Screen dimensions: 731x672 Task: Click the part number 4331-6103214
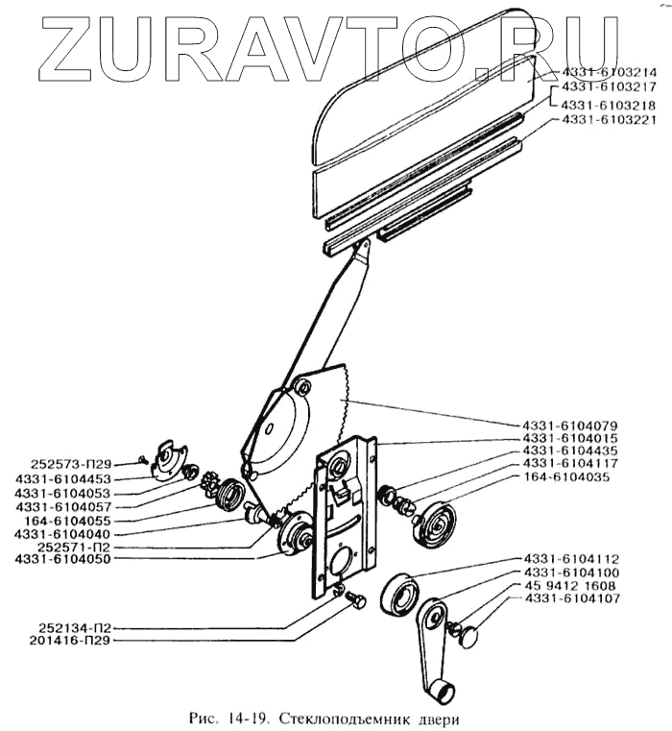[608, 72]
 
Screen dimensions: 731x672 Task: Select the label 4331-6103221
[608, 120]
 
